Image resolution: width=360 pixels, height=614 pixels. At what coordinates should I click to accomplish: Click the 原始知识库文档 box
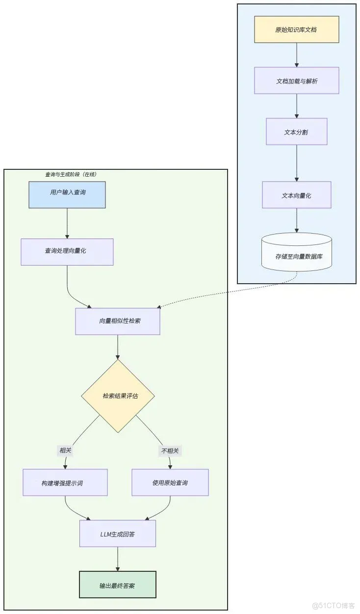[296, 29]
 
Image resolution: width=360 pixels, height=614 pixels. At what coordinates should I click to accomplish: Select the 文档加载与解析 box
[296, 80]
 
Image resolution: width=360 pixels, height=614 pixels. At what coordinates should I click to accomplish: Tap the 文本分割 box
[296, 132]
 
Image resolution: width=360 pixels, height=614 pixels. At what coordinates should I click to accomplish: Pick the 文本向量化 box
[296, 195]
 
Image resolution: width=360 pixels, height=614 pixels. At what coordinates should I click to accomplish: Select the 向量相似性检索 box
[118, 321]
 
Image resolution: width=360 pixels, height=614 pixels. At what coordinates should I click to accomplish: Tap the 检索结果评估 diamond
[118, 396]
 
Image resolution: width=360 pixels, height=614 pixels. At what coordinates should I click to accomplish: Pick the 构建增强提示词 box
[65, 482]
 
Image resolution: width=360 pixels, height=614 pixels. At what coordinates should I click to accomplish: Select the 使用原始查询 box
[170, 482]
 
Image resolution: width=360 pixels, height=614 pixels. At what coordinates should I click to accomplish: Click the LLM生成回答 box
[118, 534]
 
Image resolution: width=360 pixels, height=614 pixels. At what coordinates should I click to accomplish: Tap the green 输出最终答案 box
[118, 585]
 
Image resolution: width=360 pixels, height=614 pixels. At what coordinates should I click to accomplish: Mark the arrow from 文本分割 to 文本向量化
[296, 163]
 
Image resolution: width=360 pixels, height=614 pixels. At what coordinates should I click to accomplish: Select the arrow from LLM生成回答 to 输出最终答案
[118, 559]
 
